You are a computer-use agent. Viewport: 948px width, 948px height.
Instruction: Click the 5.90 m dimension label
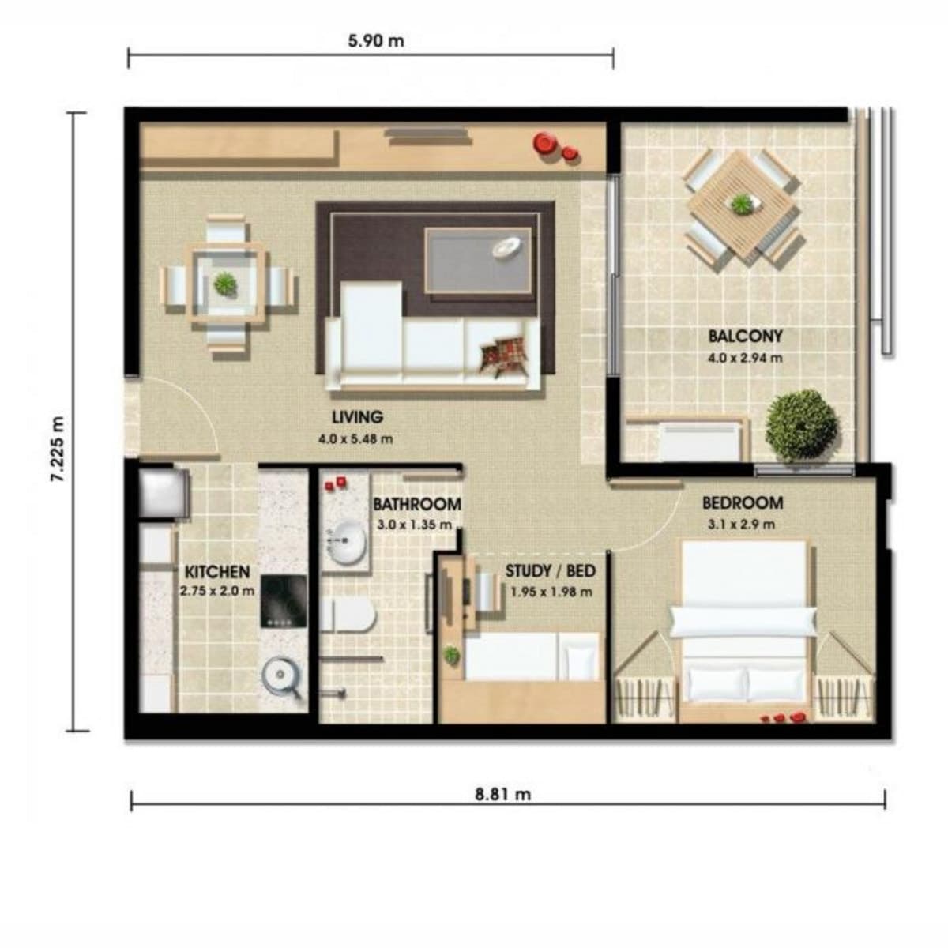click(376, 41)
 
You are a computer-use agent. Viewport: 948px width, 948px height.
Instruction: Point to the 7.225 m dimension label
click(58, 449)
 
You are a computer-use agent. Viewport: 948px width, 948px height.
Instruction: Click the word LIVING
click(357, 417)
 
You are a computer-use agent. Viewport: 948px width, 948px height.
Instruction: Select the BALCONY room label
click(745, 337)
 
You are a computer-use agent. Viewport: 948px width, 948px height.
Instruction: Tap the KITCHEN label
click(217, 572)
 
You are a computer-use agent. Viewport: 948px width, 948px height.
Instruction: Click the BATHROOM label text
click(416, 504)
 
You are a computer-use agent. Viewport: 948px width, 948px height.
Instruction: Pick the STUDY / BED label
click(551, 571)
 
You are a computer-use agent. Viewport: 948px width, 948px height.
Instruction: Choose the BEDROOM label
click(743, 502)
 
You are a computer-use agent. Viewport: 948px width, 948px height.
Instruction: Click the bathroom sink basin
click(346, 543)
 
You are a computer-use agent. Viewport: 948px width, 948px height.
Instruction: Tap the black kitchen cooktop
click(284, 601)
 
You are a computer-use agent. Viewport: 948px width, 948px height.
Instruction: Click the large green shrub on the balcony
click(801, 426)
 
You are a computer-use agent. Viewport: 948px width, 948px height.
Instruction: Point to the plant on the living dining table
click(225, 284)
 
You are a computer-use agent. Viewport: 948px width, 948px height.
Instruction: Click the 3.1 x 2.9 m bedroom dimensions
click(741, 525)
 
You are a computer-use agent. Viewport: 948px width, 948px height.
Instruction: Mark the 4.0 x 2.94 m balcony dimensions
click(745, 358)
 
